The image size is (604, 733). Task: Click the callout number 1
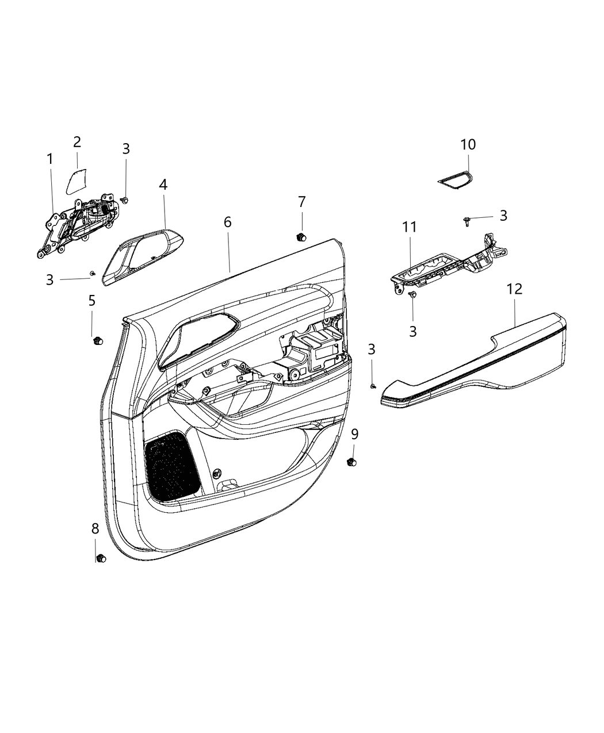tap(50, 159)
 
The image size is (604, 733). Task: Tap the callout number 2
tap(77, 142)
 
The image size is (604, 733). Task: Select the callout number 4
tap(163, 185)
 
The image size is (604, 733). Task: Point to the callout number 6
tap(228, 222)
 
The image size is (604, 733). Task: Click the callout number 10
tap(468, 144)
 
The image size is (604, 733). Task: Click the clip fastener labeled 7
tap(300, 236)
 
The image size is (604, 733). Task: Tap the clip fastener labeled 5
tap(96, 341)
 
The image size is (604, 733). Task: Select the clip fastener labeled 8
tap(101, 558)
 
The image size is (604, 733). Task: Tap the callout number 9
tap(355, 434)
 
